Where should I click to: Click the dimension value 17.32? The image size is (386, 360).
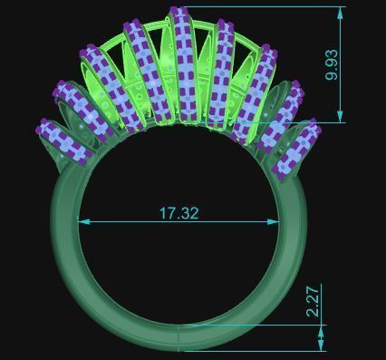[179, 213]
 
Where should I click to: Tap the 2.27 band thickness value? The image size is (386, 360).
[313, 301]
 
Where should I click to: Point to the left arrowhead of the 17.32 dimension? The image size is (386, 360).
[82, 221]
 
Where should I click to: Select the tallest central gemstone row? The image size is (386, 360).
[185, 68]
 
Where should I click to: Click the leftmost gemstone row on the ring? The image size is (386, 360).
[66, 142]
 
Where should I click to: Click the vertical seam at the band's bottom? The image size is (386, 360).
[181, 337]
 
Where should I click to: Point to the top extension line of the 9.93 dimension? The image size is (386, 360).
[263, 8]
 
